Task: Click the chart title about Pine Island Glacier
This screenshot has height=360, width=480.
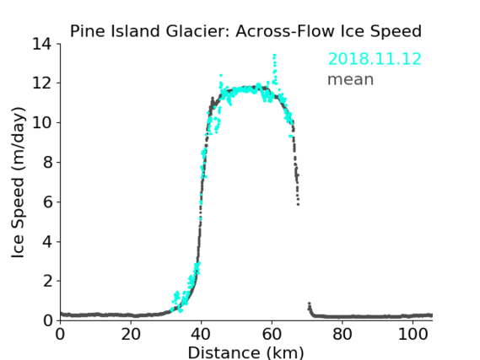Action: point(245,31)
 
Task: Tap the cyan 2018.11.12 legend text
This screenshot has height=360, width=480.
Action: point(375,59)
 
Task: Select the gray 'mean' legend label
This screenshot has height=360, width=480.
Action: point(351,79)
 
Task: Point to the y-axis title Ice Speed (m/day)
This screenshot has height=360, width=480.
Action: point(18,182)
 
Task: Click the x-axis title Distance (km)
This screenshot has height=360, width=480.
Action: point(245,353)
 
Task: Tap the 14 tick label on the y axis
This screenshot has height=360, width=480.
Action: point(42,45)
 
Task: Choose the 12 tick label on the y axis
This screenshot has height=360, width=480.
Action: point(42,83)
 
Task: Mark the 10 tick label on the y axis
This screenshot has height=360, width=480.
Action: point(42,122)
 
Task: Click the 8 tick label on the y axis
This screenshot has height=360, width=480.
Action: point(47,162)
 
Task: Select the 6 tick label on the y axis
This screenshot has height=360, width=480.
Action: point(47,201)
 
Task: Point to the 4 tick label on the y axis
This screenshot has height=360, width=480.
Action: point(47,242)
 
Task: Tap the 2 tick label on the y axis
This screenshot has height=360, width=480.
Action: point(47,281)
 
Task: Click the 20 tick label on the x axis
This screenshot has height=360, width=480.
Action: point(131,335)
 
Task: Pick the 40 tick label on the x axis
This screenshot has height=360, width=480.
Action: point(201,335)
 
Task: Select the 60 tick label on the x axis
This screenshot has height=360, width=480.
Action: point(272,335)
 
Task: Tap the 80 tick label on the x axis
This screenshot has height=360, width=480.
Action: point(342,335)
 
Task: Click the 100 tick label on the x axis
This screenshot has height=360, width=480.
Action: point(413,335)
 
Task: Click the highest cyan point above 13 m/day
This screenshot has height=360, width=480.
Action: point(274,56)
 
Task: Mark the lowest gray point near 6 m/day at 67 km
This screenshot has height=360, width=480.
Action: point(298,204)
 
